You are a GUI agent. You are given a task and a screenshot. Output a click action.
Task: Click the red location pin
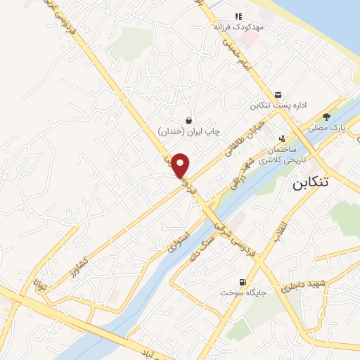tap(181, 165)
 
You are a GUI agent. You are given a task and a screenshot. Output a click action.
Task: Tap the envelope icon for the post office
tap(278, 95)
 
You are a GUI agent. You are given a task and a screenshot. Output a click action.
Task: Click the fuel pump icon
tap(243, 282)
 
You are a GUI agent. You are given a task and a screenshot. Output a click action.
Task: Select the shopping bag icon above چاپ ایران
tap(188, 120)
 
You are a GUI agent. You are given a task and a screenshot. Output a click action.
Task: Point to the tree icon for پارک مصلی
tap(326, 117)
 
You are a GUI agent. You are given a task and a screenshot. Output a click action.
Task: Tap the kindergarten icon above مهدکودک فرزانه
tap(238, 15)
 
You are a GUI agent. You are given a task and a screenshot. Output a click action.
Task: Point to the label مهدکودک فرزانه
tap(238, 27)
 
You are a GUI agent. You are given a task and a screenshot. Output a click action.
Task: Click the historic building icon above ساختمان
tap(282, 139)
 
